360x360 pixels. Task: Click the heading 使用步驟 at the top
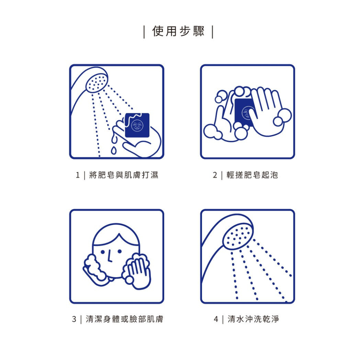coord(179,31)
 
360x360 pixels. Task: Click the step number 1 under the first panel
coord(77,175)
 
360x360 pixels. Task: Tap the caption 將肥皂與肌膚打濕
coord(123,175)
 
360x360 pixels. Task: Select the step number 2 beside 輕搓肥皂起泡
coord(215,175)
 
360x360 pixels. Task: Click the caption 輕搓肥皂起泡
coord(252,175)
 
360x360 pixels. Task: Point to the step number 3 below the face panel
coord(74,319)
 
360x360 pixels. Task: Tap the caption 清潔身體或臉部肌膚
coord(124,319)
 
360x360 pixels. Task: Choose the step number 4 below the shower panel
coord(216,319)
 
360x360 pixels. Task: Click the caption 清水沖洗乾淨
coord(253,319)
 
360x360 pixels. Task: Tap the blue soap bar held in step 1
coord(137,125)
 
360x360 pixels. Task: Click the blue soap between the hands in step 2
coord(243,112)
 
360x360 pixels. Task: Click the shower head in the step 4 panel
coord(238,235)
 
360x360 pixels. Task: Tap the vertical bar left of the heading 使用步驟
coord(144,32)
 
